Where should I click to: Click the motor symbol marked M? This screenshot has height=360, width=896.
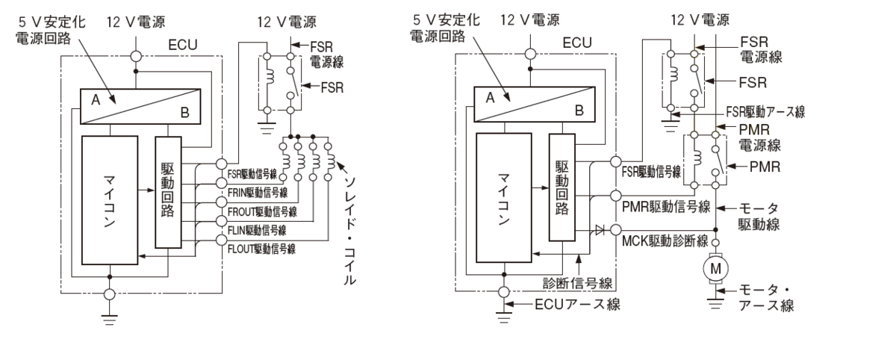715,268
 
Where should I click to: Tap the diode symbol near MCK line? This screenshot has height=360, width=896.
600,229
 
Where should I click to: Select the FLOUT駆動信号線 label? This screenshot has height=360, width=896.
261,249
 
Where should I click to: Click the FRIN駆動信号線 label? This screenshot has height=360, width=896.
257,193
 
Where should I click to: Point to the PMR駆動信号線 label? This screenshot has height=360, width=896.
665,206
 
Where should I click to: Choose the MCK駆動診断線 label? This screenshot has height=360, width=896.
665,240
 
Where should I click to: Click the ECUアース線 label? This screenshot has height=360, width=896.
577,305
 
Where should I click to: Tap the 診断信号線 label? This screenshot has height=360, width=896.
577,283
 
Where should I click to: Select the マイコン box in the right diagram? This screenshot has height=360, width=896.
504,198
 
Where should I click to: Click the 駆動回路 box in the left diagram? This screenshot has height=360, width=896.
168,193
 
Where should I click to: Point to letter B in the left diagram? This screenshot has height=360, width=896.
185,113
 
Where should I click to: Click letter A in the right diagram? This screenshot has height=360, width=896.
490,98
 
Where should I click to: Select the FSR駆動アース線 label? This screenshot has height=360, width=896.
765,111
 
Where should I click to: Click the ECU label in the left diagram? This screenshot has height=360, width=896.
183,45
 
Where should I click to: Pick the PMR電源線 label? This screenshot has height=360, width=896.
759,137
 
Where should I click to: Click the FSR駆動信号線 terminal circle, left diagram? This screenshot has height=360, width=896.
221,164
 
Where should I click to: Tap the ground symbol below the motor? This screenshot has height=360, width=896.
715,304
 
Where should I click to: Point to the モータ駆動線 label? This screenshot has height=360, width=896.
759,216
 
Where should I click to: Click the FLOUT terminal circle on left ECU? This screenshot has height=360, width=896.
221,240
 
